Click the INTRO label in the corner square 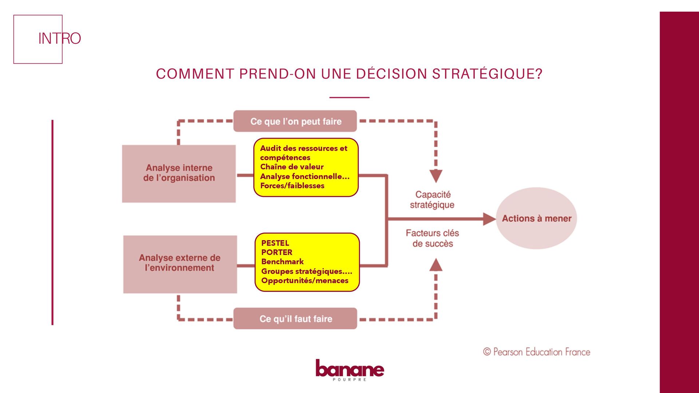pyautogui.click(x=59, y=38)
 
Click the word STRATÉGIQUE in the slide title pyautogui.click(x=487, y=74)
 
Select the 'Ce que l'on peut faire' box pyautogui.click(x=295, y=121)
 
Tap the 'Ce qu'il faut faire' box pyautogui.click(x=295, y=319)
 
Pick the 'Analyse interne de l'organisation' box pyautogui.click(x=179, y=174)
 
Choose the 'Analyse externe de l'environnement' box pyautogui.click(x=180, y=263)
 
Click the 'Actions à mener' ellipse pyautogui.click(x=536, y=218)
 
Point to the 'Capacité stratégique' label pyautogui.click(x=433, y=200)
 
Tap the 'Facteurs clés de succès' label pyautogui.click(x=433, y=238)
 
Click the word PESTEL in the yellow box pyautogui.click(x=275, y=243)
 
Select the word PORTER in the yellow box pyautogui.click(x=277, y=252)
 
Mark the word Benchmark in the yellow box pyautogui.click(x=283, y=262)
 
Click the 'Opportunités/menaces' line pyautogui.click(x=305, y=281)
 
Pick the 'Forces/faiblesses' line pyautogui.click(x=292, y=186)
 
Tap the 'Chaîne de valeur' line pyautogui.click(x=292, y=167)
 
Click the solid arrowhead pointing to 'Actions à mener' pyautogui.click(x=489, y=219)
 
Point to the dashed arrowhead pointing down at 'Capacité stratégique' pyautogui.click(x=436, y=176)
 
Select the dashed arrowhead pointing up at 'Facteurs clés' pyautogui.click(x=436, y=265)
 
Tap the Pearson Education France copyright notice pyautogui.click(x=537, y=352)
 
